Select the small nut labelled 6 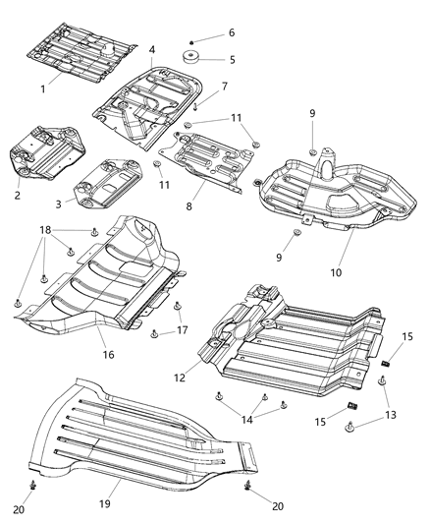190,33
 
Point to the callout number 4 151,50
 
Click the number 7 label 225,87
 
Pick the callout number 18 43,229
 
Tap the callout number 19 117,486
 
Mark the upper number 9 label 313,114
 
